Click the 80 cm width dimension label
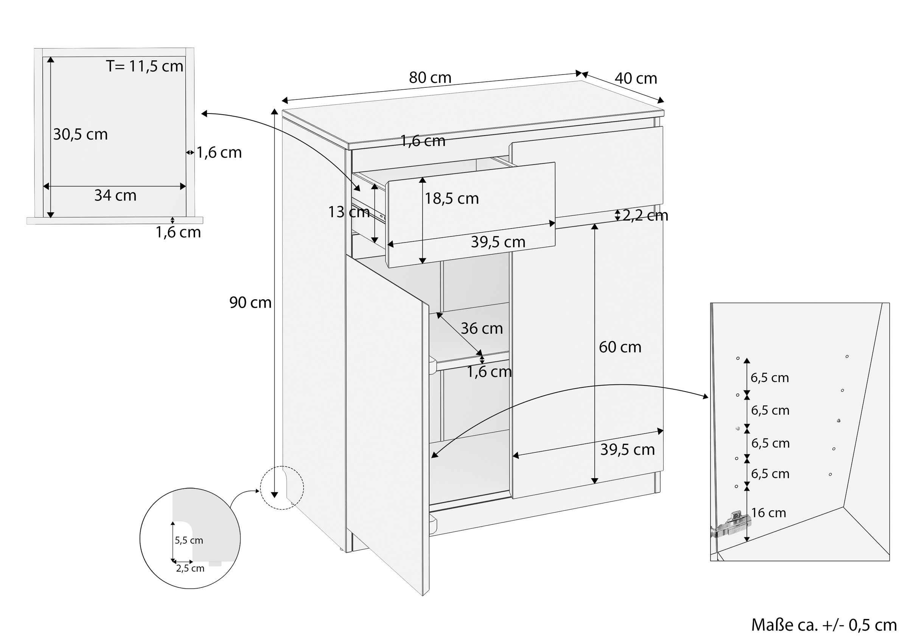coord(430,78)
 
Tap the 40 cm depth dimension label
coord(636,78)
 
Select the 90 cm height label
coord(250,303)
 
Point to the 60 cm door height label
coord(620,347)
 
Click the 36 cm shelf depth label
coord(482,328)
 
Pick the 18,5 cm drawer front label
coord(452,198)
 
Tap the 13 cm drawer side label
coord(349,212)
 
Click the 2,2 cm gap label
coord(645,216)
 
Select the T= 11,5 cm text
coord(145,66)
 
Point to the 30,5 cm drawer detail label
coord(80,135)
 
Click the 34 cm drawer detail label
coord(115,196)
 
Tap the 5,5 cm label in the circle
coord(189,540)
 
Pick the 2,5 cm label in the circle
coord(190,569)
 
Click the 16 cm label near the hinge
coord(768,513)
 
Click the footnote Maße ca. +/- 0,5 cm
coord(824,625)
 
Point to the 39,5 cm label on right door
coord(628,449)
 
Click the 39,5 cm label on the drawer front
coord(498,242)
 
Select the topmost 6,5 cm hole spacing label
coord(770,378)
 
